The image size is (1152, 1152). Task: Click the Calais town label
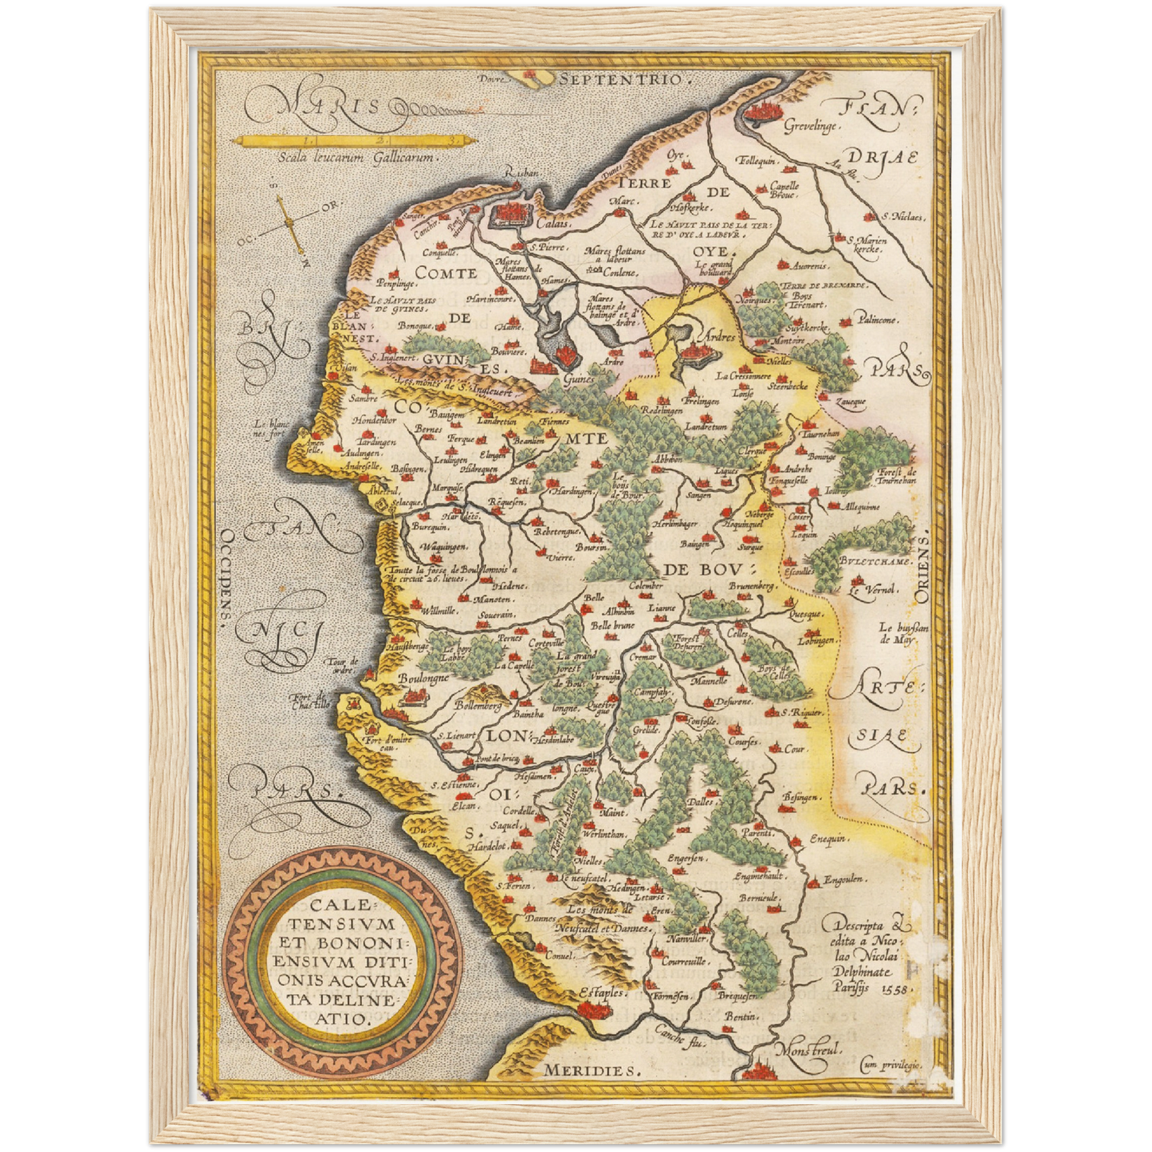coord(552,224)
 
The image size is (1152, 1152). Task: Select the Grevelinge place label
coord(810,127)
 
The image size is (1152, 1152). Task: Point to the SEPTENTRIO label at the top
coord(621,80)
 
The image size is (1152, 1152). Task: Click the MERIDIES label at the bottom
coord(592,1071)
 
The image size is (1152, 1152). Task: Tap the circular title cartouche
coord(340,961)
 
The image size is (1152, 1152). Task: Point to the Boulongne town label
coord(424,678)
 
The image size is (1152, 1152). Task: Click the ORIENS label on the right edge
coord(922,569)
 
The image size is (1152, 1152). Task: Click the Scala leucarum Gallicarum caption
coord(356,157)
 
